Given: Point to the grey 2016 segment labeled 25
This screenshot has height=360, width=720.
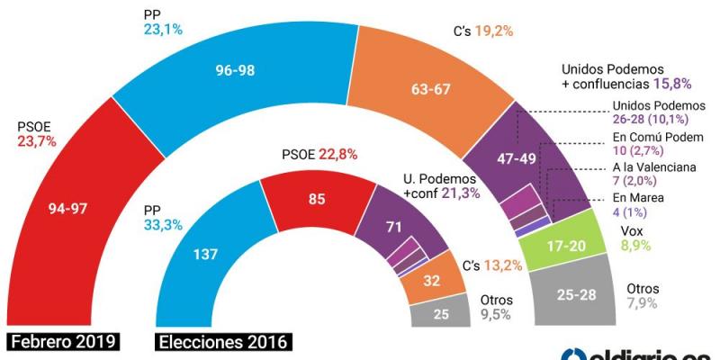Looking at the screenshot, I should (x=439, y=313).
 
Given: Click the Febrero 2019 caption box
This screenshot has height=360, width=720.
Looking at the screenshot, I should (x=65, y=342).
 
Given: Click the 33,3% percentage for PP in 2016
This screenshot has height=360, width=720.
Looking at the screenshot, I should (x=162, y=229).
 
